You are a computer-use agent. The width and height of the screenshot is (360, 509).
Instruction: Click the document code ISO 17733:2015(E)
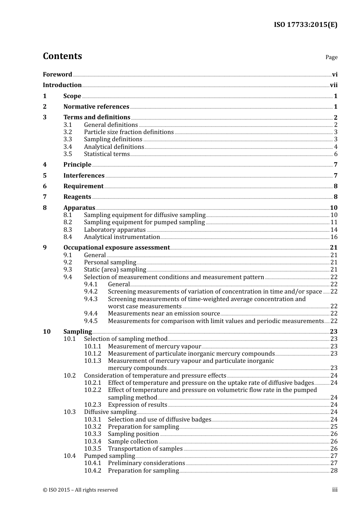(x=305, y=25)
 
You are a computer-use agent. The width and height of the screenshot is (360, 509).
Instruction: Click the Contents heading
(x=62, y=56)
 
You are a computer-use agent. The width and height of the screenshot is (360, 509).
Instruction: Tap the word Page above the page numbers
(x=331, y=57)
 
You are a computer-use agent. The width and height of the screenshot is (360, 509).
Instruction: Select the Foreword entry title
(x=57, y=74)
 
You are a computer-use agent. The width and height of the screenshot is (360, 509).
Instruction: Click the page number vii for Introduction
(x=333, y=85)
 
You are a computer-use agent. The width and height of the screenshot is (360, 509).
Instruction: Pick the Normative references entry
(x=96, y=107)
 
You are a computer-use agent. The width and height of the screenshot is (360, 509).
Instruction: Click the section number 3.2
(x=67, y=132)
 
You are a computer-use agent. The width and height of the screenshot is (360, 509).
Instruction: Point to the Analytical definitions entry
(x=114, y=147)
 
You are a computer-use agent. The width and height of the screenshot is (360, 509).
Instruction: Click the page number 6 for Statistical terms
(x=335, y=154)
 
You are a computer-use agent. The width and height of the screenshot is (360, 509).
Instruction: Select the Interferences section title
(x=84, y=176)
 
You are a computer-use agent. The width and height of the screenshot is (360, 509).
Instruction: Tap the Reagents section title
(x=77, y=197)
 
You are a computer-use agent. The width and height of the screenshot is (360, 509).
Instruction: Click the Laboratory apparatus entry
(x=114, y=230)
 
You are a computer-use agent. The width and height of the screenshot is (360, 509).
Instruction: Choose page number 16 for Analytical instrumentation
(x=334, y=237)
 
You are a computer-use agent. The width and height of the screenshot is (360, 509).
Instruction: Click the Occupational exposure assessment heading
(x=116, y=248)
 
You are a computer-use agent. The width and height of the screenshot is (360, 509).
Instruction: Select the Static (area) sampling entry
(x=115, y=270)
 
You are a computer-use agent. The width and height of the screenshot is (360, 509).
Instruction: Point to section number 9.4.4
(x=91, y=314)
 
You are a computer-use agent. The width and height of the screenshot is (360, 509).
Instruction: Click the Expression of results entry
(x=137, y=405)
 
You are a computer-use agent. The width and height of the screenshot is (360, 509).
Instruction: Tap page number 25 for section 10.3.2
(x=334, y=427)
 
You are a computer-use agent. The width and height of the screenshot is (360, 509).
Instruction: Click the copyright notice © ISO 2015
(x=80, y=490)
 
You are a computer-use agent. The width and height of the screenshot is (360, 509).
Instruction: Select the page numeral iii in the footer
(x=335, y=490)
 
